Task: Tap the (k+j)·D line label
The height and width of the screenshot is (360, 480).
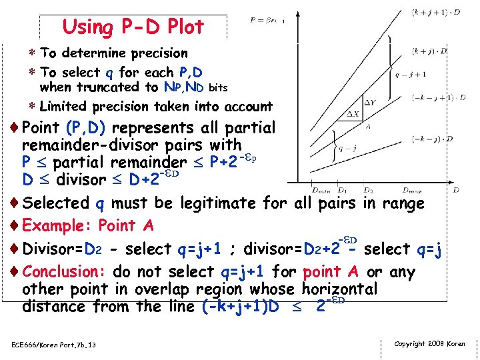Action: (429, 51)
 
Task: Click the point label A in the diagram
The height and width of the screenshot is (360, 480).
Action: (369, 126)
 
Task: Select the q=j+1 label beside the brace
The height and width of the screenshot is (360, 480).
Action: (411, 74)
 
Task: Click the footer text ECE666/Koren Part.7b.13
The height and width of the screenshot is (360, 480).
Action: (53, 345)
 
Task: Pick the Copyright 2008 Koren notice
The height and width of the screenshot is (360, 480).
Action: (430, 343)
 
